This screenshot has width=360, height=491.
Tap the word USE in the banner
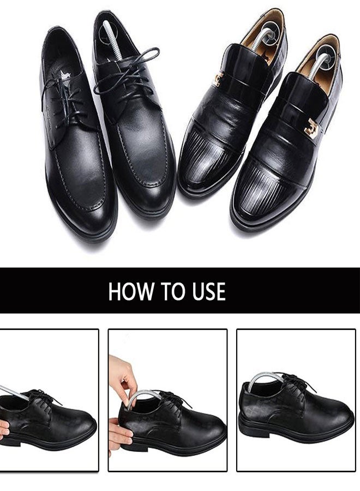206,291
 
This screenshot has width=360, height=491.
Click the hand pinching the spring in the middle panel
122,376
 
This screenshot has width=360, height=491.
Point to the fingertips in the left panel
4,428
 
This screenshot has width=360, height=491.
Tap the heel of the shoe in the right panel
245,415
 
